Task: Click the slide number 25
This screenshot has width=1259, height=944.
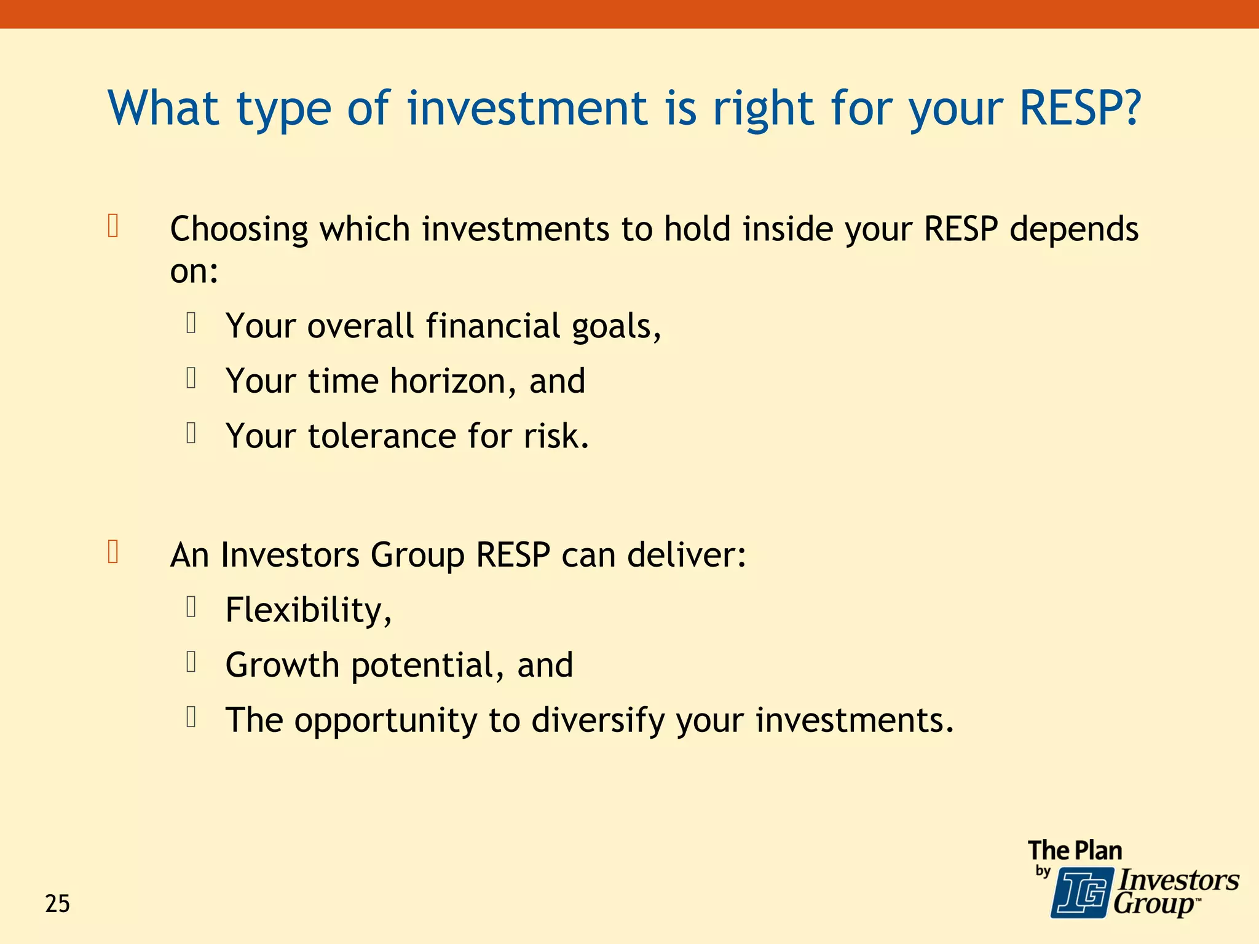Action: point(57,904)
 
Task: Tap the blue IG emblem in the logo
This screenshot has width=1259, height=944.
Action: point(1081,892)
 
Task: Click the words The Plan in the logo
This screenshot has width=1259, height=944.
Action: point(1075,851)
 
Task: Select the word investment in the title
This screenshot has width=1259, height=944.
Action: point(527,108)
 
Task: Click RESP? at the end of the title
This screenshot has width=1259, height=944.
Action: point(1080,108)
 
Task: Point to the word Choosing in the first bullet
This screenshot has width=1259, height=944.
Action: point(239,230)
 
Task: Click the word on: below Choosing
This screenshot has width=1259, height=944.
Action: point(194,271)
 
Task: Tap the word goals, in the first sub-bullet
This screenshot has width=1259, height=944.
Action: point(616,326)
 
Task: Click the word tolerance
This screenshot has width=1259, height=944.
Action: point(382,436)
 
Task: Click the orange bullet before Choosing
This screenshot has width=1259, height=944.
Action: point(113,226)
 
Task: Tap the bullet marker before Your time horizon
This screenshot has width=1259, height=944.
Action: point(191,378)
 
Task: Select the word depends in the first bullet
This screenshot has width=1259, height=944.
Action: point(1074,230)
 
